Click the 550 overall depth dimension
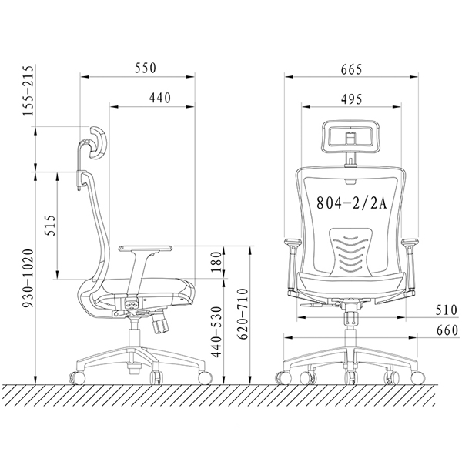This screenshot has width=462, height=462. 146,69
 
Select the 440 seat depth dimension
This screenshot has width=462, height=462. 159,98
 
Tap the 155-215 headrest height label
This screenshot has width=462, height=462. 29,91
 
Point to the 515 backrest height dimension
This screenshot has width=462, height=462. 50,226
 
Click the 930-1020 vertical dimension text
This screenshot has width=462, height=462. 29,279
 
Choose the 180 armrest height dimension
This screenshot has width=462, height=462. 216,262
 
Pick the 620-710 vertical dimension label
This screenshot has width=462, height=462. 243,314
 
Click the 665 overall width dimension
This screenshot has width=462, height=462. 351,70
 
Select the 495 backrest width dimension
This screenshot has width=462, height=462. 352,99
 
